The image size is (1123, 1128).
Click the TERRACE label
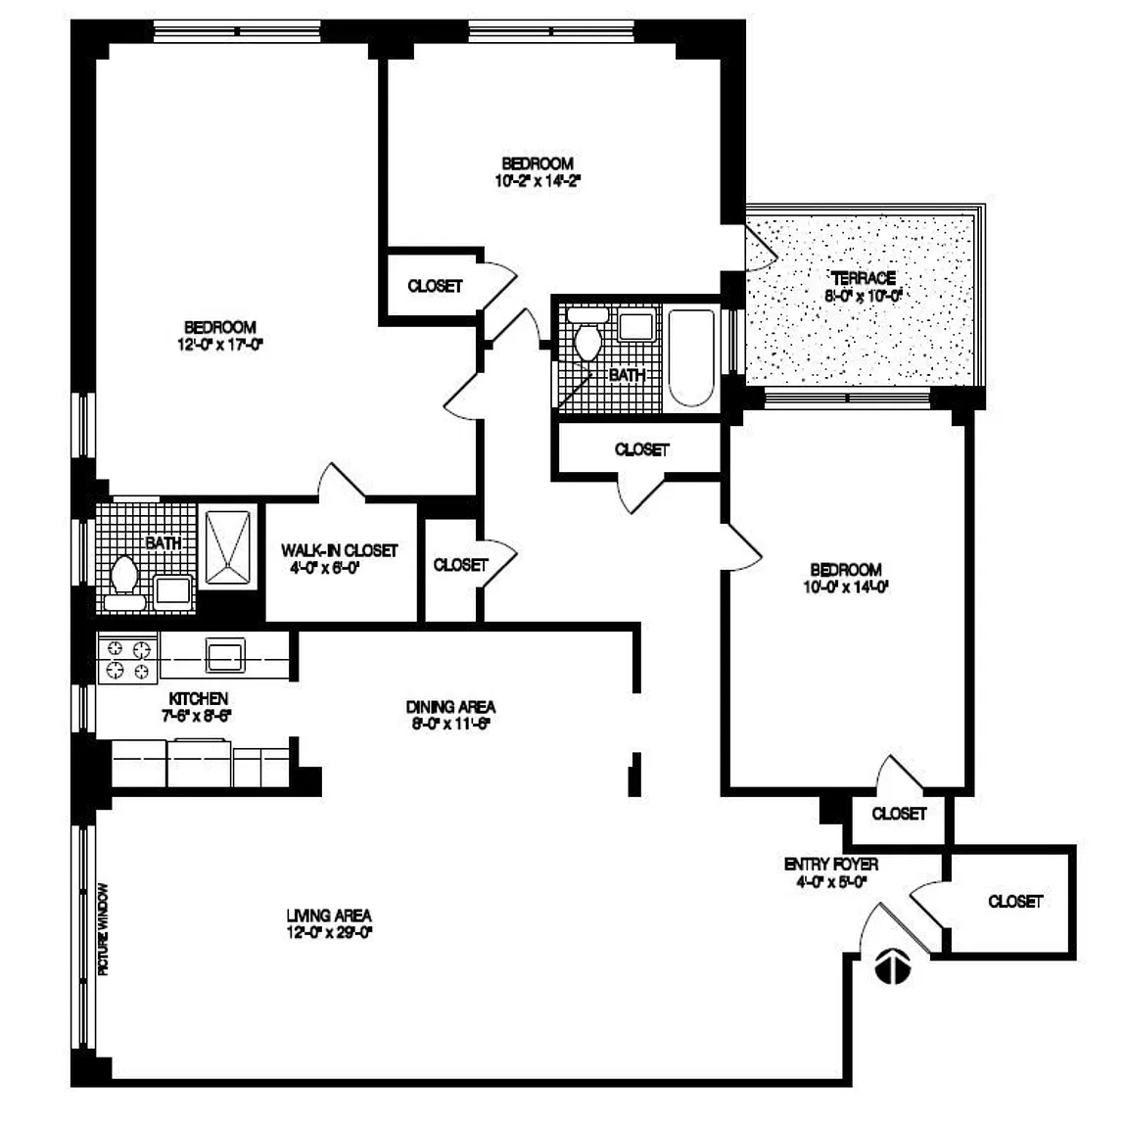pyautogui.click(x=863, y=278)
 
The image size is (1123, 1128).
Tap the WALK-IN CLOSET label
pyautogui.click(x=339, y=550)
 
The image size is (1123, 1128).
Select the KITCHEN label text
pyautogui.click(x=199, y=698)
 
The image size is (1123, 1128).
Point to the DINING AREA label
pyautogui.click(x=450, y=706)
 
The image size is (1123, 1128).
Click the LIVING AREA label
pyautogui.click(x=329, y=916)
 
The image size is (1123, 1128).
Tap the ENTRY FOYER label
pyautogui.click(x=831, y=865)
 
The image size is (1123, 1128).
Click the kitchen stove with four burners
pyautogui.click(x=128, y=658)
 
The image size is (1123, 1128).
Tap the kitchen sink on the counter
pyautogui.click(x=225, y=654)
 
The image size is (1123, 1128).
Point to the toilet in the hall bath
pyautogui.click(x=588, y=339)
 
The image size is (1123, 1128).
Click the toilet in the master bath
pyautogui.click(x=124, y=574)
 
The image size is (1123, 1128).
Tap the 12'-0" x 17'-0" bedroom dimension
pyautogui.click(x=220, y=344)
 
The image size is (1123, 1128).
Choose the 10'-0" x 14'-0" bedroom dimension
pyautogui.click(x=845, y=587)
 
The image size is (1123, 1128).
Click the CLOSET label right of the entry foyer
pyautogui.click(x=1015, y=901)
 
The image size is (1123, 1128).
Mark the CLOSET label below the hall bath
pyautogui.click(x=641, y=449)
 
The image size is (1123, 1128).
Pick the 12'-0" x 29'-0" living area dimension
pyautogui.click(x=329, y=932)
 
